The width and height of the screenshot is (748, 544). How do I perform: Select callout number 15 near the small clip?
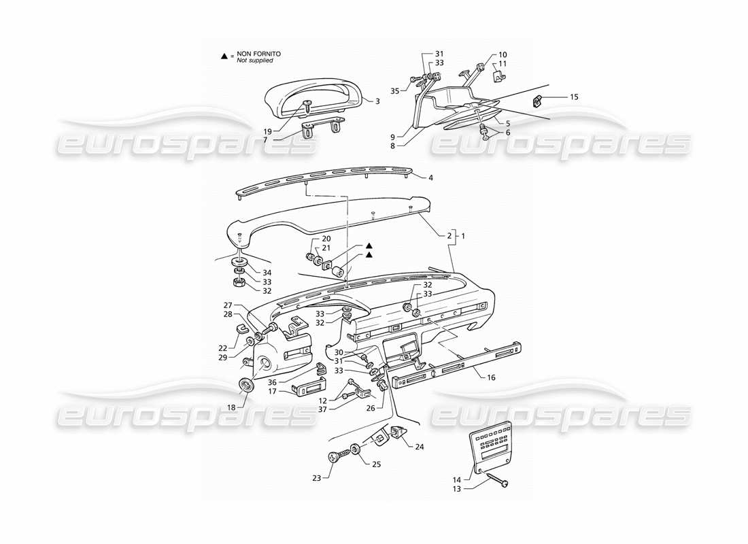pos(574,97)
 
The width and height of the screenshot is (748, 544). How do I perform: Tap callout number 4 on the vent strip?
pos(431,177)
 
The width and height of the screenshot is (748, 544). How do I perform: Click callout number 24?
pos(419,447)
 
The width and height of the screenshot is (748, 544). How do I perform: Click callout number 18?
pos(232,407)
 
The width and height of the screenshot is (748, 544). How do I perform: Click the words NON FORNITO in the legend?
pos(258,53)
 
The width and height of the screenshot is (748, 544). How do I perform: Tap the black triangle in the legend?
pos(224,54)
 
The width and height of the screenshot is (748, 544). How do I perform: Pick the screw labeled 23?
pos(334,459)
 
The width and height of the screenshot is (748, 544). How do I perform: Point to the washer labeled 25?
pos(356,449)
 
